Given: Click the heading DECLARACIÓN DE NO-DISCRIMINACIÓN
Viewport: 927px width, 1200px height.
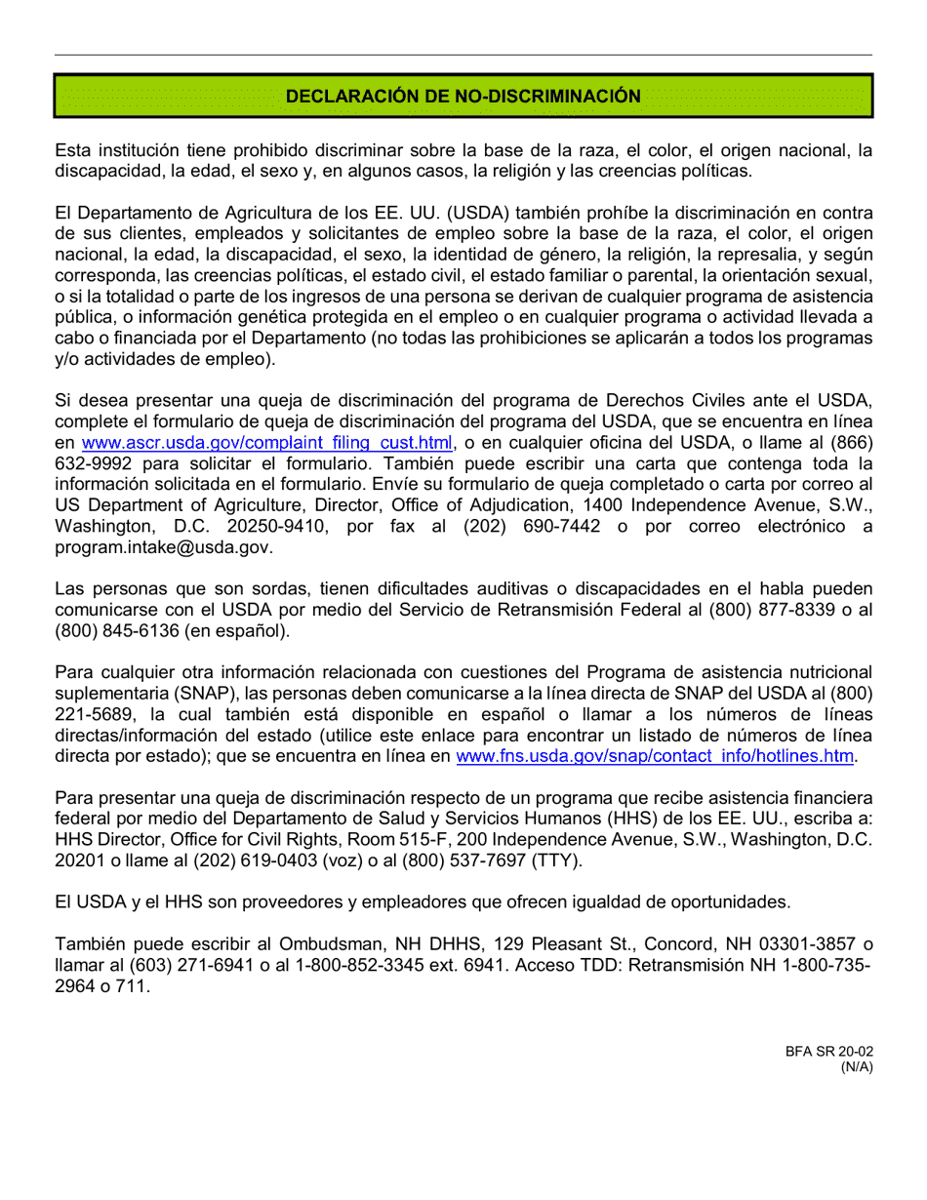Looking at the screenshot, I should [463, 96].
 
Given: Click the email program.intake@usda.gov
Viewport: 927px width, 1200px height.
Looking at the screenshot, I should [163, 547].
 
